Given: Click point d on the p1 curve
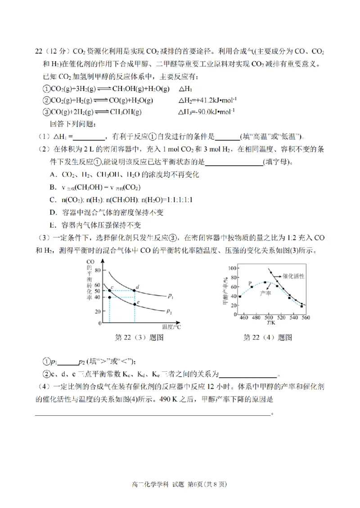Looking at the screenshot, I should (135, 290).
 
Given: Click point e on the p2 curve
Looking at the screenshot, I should (135, 304).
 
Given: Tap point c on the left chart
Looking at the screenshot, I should (110, 290).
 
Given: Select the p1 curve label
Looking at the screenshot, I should (170, 296).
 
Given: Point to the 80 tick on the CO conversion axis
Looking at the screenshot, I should (99, 271).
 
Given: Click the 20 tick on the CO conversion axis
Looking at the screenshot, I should (99, 311).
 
